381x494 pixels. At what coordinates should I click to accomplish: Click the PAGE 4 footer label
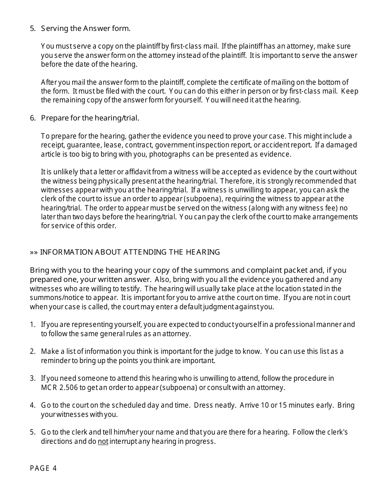click(x=43, y=468)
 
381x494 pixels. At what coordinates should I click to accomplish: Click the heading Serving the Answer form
click(x=85, y=29)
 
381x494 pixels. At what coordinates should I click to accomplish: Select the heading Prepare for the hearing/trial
click(x=90, y=118)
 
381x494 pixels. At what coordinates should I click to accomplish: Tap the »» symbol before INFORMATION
click(x=34, y=252)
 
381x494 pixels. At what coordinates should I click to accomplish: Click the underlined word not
click(x=103, y=441)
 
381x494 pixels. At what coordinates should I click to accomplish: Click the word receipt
click(x=52, y=145)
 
